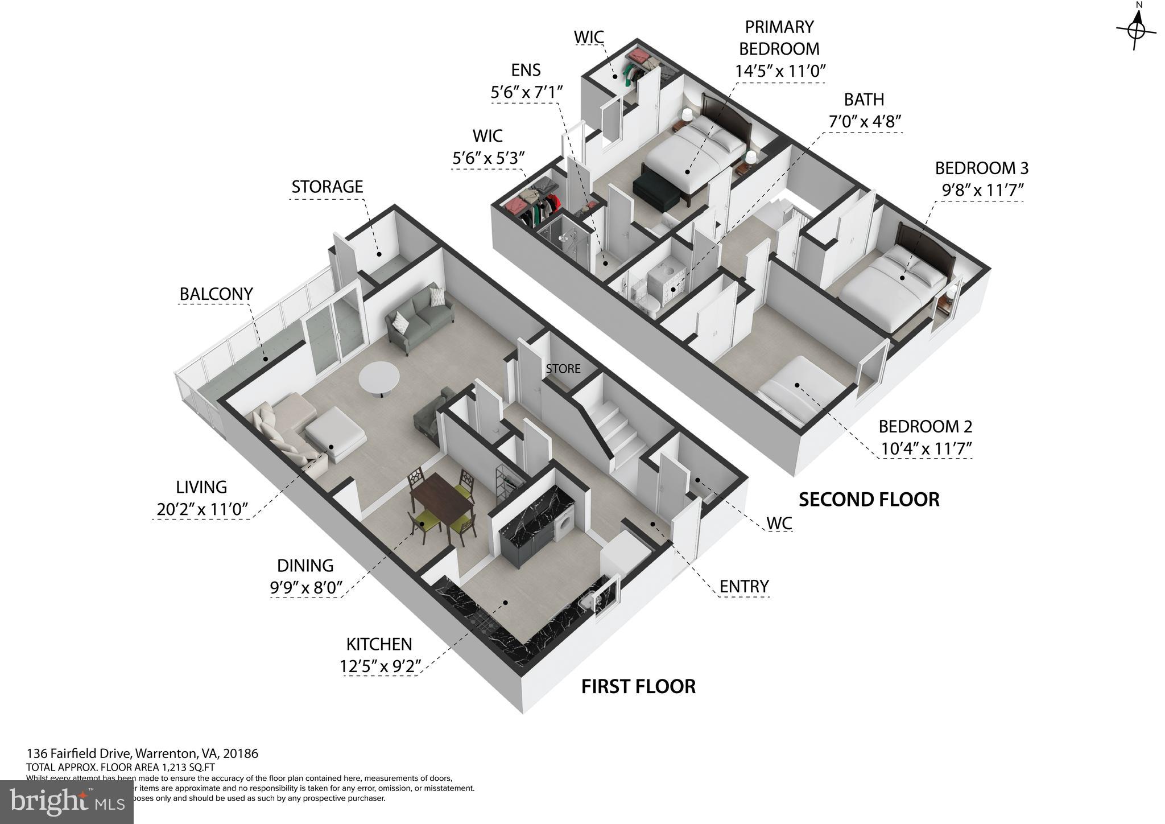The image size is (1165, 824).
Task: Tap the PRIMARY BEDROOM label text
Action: [779, 38]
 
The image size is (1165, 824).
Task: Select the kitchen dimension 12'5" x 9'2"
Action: [379, 666]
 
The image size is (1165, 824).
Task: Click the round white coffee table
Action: [379, 378]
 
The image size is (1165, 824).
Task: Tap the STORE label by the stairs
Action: [563, 369]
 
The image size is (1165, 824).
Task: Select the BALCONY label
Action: [216, 294]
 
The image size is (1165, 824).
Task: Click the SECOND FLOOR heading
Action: [869, 500]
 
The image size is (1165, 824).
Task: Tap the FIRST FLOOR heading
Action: [638, 686]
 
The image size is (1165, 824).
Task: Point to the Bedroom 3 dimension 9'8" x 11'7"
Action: [982, 190]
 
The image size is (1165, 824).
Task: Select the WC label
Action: [779, 523]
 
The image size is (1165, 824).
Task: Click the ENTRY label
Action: [743, 586]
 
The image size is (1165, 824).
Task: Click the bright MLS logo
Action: [67, 801]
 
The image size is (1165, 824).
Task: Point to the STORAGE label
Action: [327, 187]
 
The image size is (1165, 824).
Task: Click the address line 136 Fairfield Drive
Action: [142, 753]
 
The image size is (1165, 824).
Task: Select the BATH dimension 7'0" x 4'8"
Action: [864, 122]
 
